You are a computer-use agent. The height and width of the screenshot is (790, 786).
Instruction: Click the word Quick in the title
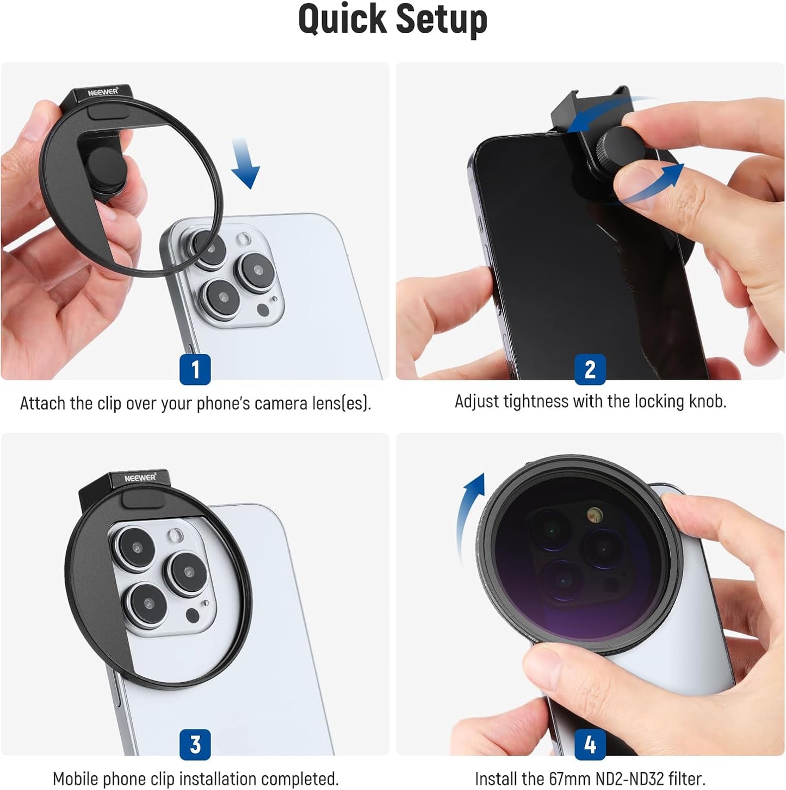pyautogui.click(x=343, y=20)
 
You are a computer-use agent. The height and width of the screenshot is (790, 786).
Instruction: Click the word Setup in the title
pyautogui.click(x=441, y=20)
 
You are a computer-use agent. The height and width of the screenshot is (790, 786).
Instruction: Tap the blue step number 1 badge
pyautogui.click(x=195, y=370)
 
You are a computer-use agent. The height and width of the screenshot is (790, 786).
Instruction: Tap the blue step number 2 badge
pyautogui.click(x=590, y=370)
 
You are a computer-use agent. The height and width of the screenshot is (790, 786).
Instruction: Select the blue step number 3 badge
pyautogui.click(x=195, y=744)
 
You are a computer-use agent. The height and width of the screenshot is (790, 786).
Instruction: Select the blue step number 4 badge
pyautogui.click(x=590, y=744)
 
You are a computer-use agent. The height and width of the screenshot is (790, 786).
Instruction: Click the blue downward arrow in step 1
pyautogui.click(x=245, y=163)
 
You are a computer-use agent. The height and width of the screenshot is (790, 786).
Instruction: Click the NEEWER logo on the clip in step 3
pyautogui.click(x=140, y=478)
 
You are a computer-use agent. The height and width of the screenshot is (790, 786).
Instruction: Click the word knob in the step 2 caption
pyautogui.click(x=707, y=402)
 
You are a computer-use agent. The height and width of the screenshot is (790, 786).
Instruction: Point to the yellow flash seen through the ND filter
pyautogui.click(x=595, y=513)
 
